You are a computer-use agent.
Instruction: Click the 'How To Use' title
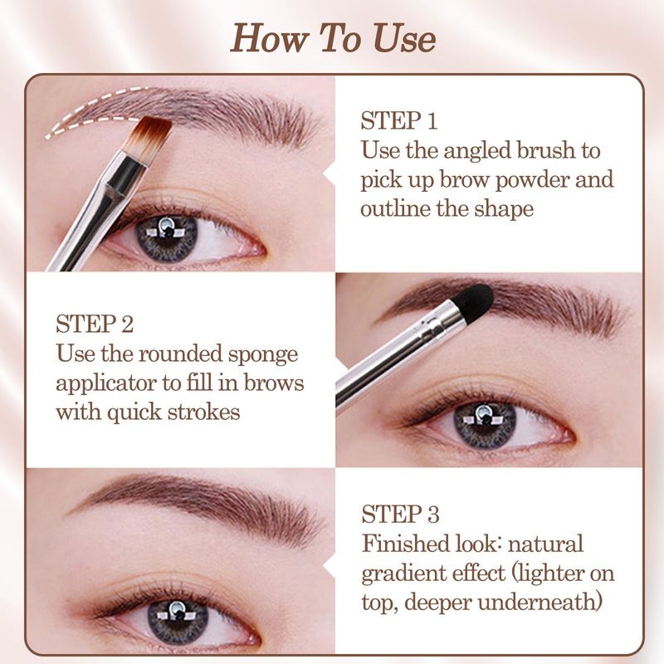click(333, 38)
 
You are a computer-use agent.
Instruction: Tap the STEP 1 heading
click(398, 120)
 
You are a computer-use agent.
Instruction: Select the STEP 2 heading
click(95, 325)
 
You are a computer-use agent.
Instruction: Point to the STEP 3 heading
click(400, 515)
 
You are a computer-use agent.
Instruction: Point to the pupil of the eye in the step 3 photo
click(178, 615)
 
